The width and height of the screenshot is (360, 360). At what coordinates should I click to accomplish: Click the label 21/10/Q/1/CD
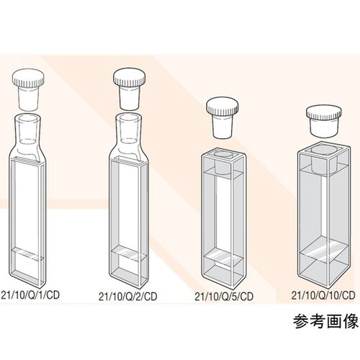click(30, 295)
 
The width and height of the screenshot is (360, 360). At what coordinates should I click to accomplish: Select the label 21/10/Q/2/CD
click(128, 297)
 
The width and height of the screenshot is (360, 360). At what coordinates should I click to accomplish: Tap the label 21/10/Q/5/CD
click(224, 297)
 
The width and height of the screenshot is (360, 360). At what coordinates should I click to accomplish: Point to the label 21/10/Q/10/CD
click(323, 295)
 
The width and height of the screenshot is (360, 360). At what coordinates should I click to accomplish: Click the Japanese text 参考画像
click(325, 322)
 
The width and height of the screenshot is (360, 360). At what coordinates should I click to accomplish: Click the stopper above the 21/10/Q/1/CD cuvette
click(28, 89)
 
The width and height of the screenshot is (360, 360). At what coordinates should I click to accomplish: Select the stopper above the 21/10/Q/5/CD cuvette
click(223, 117)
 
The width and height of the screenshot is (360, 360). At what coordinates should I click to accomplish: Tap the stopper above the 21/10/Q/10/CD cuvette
click(324, 122)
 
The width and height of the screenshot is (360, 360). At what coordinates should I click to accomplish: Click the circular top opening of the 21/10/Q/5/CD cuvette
click(223, 154)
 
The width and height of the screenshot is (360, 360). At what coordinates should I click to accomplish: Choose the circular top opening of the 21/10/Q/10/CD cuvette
click(324, 150)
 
